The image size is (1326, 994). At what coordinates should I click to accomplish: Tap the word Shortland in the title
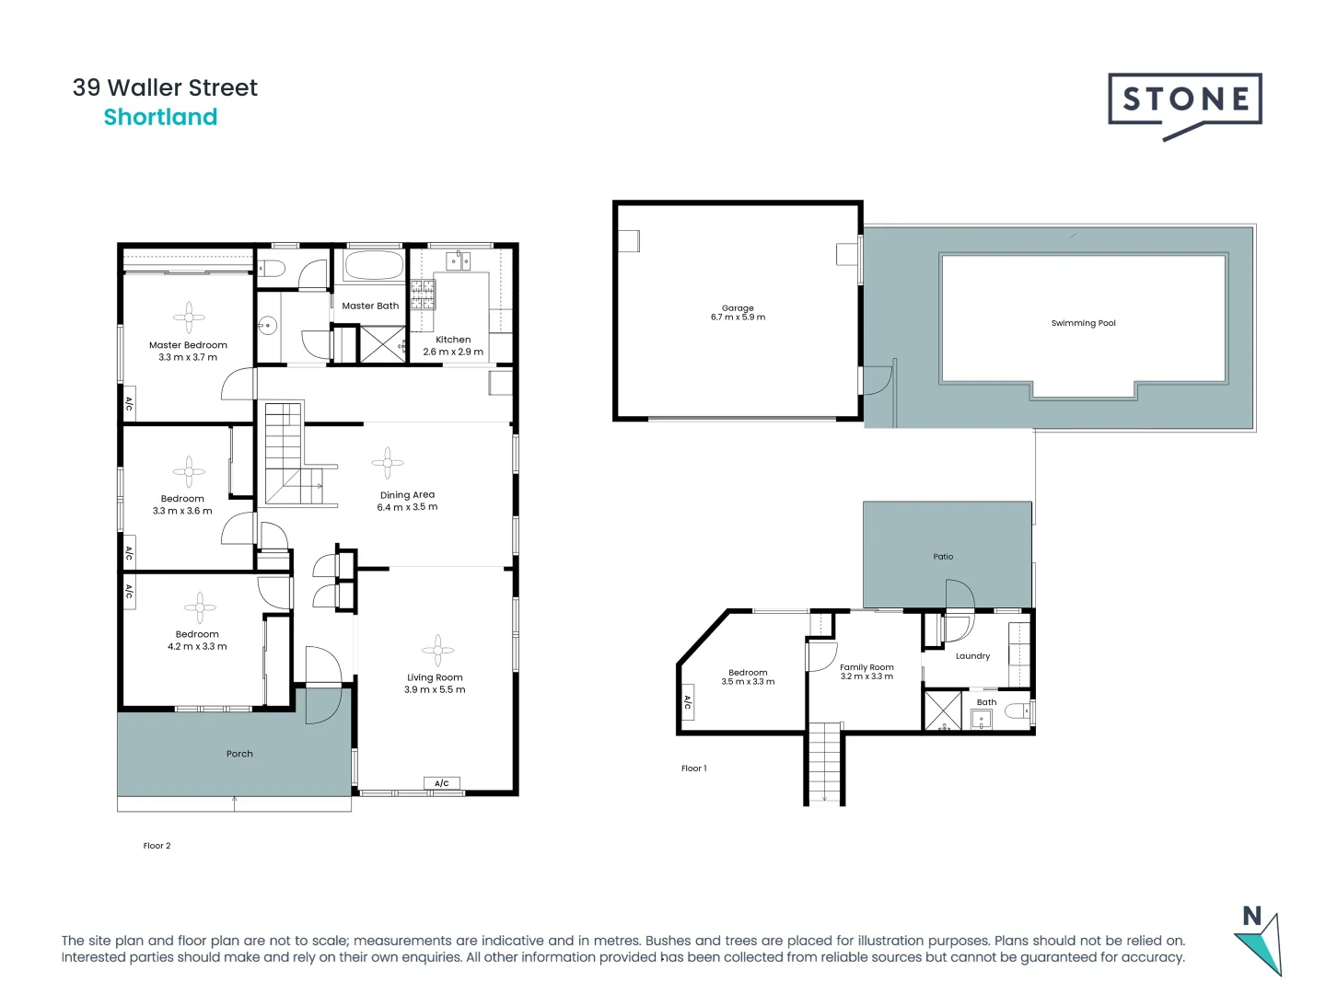pos(160,117)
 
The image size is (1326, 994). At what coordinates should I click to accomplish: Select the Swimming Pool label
pos(1083,323)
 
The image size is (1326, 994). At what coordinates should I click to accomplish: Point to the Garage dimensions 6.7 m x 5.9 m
pos(738,318)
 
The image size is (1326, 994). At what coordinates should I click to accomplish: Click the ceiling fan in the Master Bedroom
pos(189,317)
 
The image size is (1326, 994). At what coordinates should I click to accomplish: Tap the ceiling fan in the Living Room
pos(437,650)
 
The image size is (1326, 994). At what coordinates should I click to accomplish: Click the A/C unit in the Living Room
pos(442,783)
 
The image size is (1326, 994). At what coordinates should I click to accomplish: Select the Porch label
pos(239,754)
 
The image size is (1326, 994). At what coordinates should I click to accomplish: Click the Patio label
pos(943,557)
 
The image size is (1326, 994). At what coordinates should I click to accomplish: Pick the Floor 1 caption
pos(693,769)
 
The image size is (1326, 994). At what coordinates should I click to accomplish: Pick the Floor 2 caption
pos(157,846)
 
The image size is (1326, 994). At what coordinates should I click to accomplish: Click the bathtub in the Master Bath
pos(373,266)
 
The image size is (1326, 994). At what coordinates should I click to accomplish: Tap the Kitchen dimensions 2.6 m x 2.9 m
pos(453,352)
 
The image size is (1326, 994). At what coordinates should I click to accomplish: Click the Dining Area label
pos(407,494)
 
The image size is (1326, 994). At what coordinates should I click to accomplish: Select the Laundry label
pos(972,656)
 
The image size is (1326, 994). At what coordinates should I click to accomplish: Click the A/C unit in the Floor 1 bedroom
pos(687,701)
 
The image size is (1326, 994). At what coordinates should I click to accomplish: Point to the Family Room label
pos(867,667)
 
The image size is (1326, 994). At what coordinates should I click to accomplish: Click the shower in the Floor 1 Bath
pos(942,711)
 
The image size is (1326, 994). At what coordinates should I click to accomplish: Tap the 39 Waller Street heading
pos(165,87)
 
